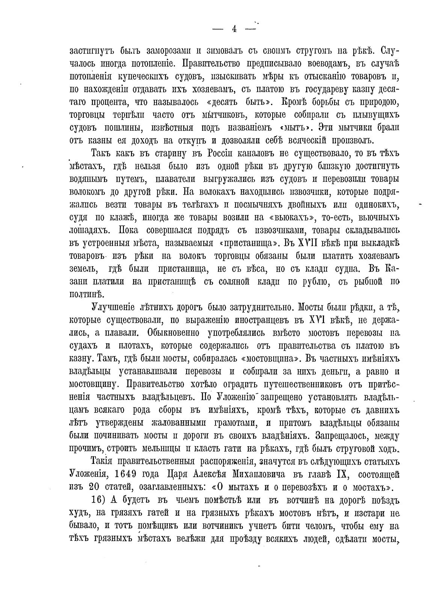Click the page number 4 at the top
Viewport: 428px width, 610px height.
234,29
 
